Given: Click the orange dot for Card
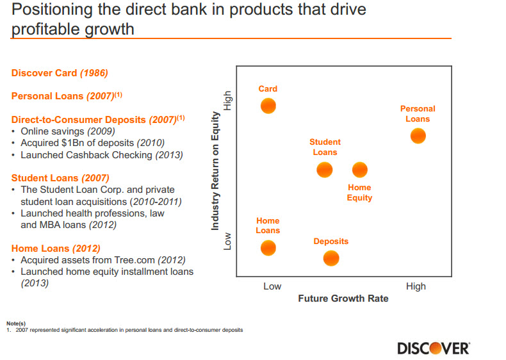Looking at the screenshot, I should click(x=268, y=106).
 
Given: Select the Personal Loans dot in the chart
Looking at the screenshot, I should click(x=418, y=136).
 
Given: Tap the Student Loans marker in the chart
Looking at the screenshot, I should click(x=325, y=170).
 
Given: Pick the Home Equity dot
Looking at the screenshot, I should click(x=359, y=170).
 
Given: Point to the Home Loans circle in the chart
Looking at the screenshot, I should click(x=268, y=248).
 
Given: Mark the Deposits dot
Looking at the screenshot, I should click(x=331, y=258).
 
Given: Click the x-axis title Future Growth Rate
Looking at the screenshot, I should click(x=343, y=299).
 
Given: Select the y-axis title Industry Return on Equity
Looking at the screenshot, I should click(x=216, y=171).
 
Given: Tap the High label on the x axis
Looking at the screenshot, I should click(x=416, y=286).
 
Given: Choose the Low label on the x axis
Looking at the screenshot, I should click(x=272, y=286).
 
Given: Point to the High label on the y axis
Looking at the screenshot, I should click(x=227, y=100).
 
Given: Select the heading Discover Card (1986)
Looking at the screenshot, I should click(x=60, y=73).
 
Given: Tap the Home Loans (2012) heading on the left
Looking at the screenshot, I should click(x=56, y=248).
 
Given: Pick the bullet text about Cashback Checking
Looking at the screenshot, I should click(x=101, y=155).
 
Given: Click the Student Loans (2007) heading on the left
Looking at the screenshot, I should click(x=60, y=178).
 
